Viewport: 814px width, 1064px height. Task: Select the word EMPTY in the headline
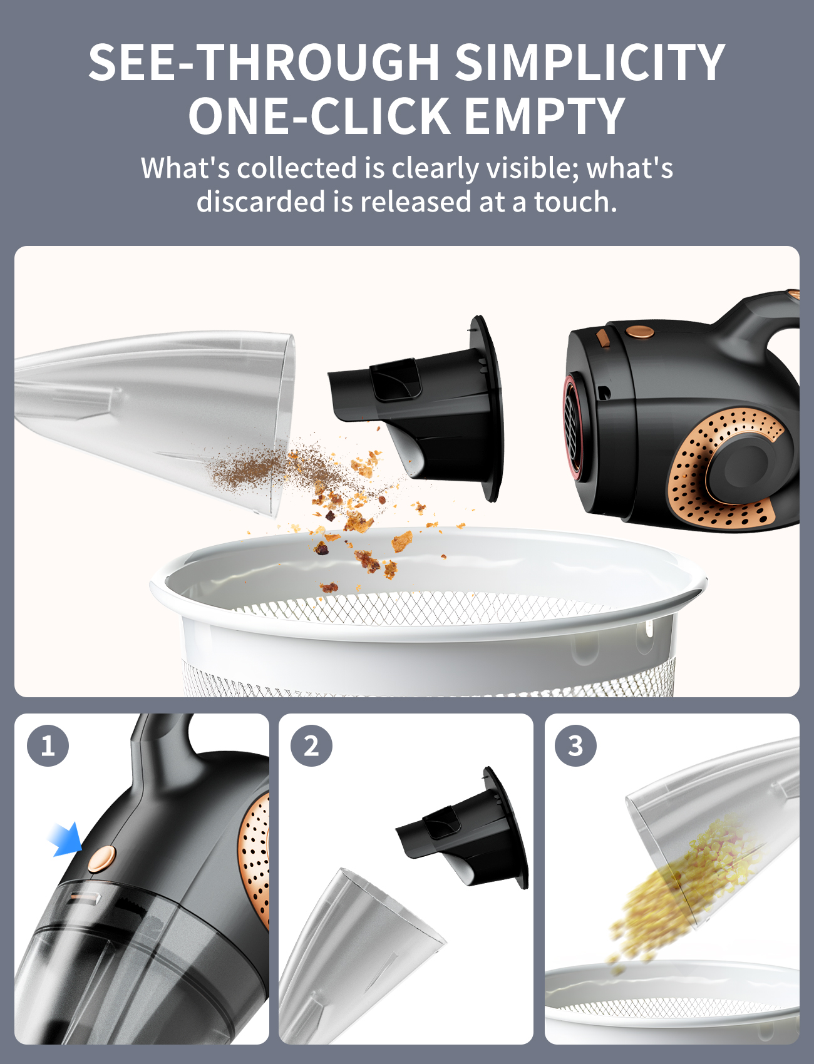545,116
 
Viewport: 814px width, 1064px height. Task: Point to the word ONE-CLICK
319,116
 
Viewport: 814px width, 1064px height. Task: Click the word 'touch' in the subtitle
575,202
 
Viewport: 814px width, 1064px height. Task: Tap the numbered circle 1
48,745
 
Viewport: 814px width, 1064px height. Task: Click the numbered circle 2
311,745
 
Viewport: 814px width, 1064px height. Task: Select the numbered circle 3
575,745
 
